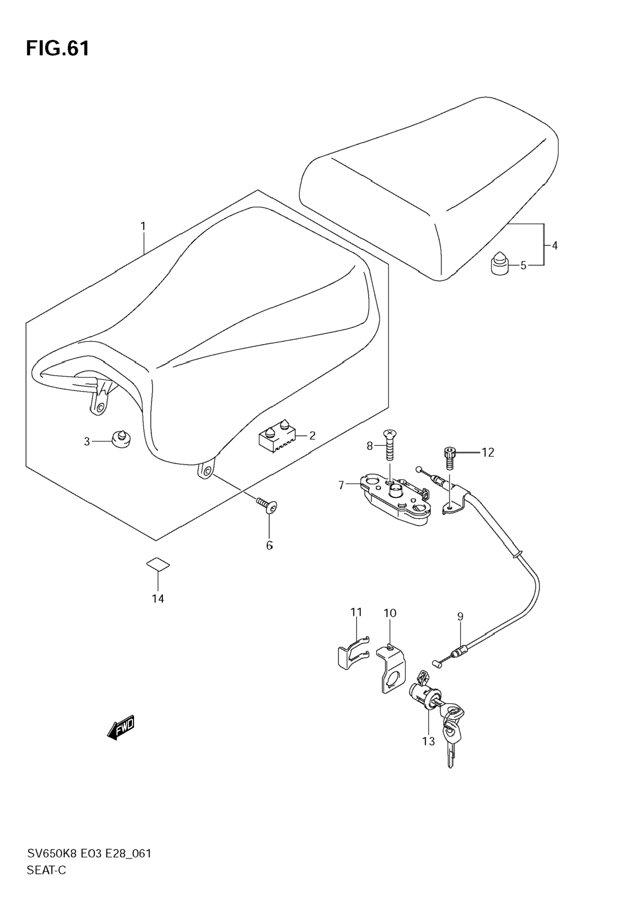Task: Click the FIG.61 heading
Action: (58, 49)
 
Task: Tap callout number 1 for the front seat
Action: (143, 226)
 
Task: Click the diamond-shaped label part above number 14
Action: (158, 564)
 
